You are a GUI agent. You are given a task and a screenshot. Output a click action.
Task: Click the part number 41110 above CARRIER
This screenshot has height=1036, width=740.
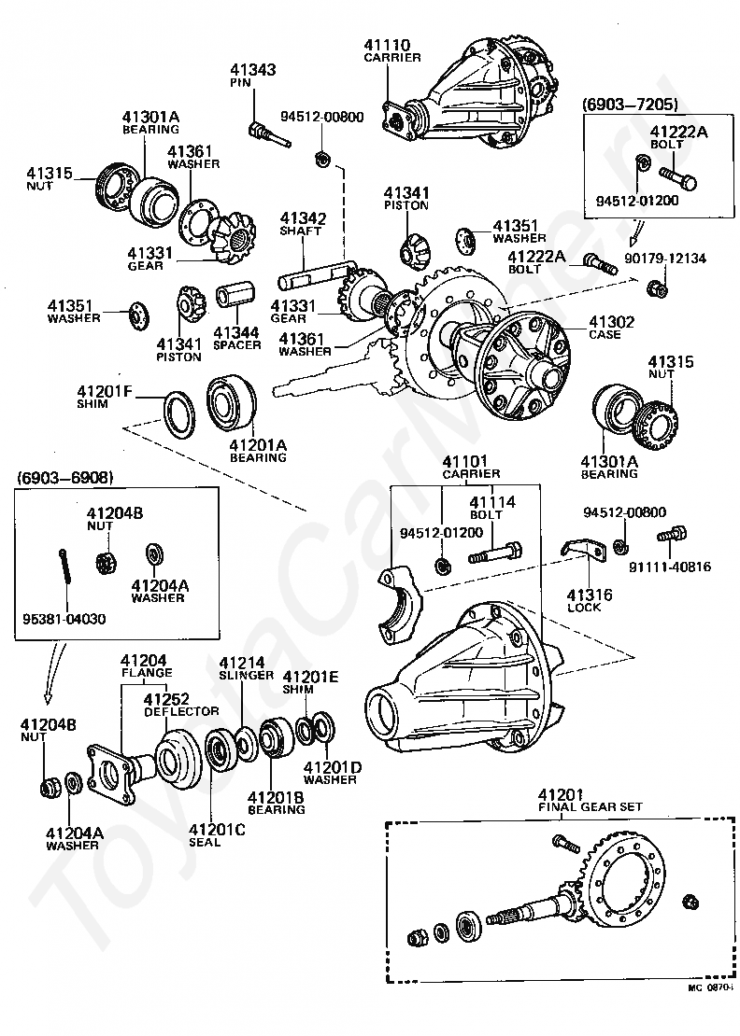387,45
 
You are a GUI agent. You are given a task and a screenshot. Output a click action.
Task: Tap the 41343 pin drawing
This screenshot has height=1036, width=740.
269,134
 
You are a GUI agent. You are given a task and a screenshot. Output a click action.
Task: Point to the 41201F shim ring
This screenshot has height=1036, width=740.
179,413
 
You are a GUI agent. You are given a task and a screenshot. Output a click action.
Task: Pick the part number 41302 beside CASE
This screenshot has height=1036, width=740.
612,322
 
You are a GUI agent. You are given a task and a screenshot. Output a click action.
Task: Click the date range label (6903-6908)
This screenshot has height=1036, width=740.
65,477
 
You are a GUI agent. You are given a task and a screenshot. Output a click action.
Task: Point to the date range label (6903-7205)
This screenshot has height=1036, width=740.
631,105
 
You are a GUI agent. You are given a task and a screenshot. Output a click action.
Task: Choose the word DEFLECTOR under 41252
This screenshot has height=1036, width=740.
182,711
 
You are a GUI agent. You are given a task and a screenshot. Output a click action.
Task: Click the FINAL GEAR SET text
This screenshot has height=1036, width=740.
591,806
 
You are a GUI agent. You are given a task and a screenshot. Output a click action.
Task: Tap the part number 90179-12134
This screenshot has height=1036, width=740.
665,258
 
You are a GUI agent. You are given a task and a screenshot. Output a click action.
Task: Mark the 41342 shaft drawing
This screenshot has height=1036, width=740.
313,274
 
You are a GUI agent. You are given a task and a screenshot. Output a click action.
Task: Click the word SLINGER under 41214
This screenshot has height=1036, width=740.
246,675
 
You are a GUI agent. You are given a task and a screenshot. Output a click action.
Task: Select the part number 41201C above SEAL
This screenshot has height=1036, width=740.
217,829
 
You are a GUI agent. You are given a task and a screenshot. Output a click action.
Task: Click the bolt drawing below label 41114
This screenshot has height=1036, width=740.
496,553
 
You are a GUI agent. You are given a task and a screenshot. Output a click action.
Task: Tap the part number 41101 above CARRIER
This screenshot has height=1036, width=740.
465,461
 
